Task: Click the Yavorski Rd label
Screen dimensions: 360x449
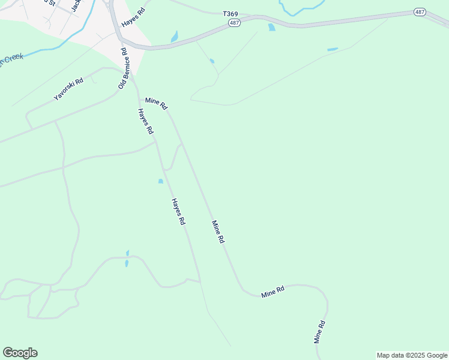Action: pos(68,88)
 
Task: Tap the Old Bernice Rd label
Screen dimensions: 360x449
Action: pos(123,68)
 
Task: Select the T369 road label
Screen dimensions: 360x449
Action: pos(230,13)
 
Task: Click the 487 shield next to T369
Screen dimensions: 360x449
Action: pos(235,23)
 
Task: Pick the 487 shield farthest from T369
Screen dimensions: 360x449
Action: pos(420,12)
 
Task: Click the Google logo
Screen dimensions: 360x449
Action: pos(20,353)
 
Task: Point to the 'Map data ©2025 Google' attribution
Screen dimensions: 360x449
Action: pos(412,355)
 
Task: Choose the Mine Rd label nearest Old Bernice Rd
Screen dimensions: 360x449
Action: pos(155,103)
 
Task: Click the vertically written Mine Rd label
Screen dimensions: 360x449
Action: pos(320,332)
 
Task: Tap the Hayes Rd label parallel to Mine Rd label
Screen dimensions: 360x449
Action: pos(178,211)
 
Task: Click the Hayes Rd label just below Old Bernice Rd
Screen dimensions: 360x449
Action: pos(145,121)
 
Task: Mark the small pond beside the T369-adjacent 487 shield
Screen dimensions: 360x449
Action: pos(271,27)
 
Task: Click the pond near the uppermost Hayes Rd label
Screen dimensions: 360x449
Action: pos(175,37)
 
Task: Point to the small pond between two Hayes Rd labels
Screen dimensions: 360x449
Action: pos(160,181)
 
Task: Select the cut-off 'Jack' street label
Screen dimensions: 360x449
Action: pos(76,5)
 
